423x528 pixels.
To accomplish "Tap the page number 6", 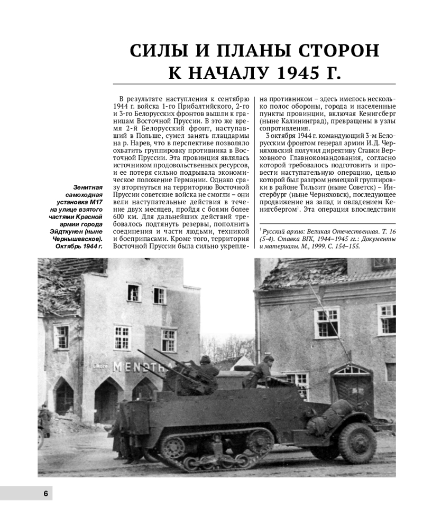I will [45, 493].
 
